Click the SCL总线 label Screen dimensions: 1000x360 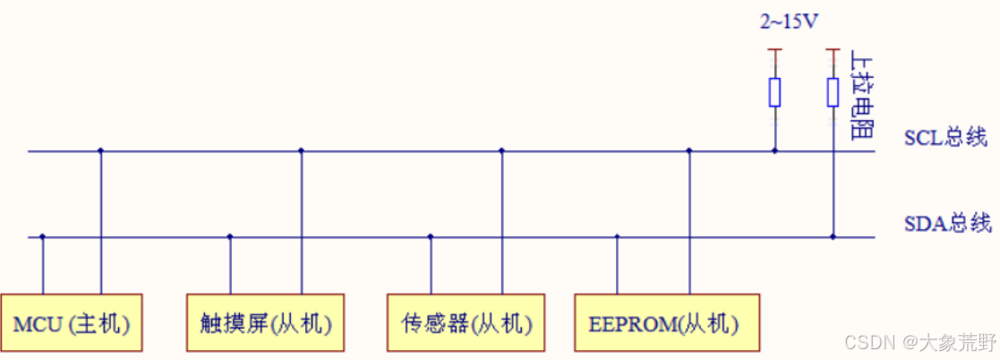pyautogui.click(x=944, y=138)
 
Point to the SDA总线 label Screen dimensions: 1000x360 pyautogui.click(x=945, y=224)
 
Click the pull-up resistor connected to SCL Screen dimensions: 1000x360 pyautogui.click(x=775, y=91)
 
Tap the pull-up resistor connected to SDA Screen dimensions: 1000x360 pyautogui.click(x=833, y=91)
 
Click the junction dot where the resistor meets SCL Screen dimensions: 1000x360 pyautogui.click(x=775, y=150)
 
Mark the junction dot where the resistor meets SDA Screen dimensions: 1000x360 pyautogui.click(x=833, y=237)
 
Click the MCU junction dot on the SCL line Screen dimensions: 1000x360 pyautogui.click(x=100, y=150)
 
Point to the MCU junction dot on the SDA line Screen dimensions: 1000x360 pyautogui.click(x=43, y=237)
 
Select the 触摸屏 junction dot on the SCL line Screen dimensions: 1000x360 pyautogui.click(x=301, y=150)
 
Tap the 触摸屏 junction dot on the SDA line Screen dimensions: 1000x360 pyautogui.click(x=230, y=237)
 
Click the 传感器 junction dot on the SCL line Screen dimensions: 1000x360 pyautogui.click(x=501, y=150)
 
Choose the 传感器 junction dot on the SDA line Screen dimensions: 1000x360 pyautogui.click(x=431, y=237)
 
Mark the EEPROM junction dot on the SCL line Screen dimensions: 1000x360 pyautogui.click(x=688, y=150)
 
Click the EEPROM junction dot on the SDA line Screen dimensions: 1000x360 pyautogui.click(x=617, y=237)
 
